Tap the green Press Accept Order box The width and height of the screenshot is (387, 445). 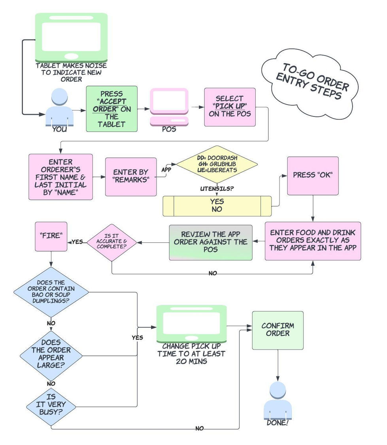112,109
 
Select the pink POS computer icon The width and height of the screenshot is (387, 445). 169,107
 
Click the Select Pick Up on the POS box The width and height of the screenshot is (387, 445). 230,107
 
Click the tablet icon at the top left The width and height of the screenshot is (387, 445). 72,37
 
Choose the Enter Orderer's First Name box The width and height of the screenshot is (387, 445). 60,176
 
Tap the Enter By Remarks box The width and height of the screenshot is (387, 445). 130,176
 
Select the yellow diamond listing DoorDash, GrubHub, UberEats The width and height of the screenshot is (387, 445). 217,164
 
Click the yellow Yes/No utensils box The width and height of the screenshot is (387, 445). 217,206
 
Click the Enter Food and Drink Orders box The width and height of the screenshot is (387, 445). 313,241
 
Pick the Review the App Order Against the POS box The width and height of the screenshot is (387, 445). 211,242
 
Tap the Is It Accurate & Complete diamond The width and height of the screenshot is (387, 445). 111,242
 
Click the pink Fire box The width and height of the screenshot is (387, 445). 51,236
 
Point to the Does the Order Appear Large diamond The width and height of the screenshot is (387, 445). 51,355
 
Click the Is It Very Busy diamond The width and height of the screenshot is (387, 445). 51,406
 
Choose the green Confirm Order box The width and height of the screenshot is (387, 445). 278,330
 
